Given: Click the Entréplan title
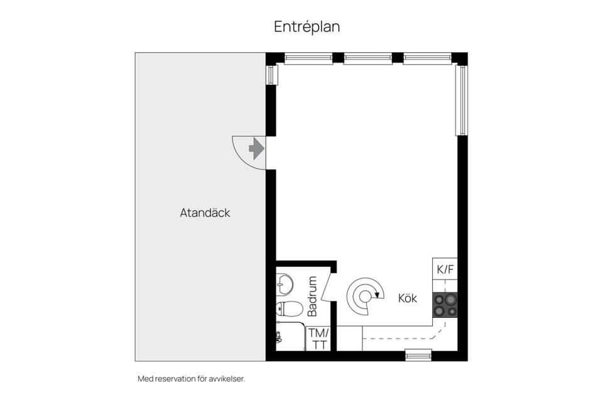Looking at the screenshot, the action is [x=307, y=27].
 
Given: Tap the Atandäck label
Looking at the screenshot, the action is [x=205, y=213].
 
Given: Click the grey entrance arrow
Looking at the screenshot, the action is [x=256, y=148].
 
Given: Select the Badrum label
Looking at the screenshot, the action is [x=313, y=296].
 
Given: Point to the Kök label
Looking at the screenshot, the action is [x=408, y=298].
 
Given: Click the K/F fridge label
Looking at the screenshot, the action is [x=445, y=269].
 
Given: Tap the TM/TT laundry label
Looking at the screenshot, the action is [x=319, y=339].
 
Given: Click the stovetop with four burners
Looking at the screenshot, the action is [x=445, y=305].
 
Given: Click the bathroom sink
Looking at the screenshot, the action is [x=284, y=283].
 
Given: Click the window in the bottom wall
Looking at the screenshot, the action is [x=419, y=355].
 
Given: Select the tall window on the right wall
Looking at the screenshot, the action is [x=462, y=100].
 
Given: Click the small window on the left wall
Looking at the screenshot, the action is [x=272, y=75].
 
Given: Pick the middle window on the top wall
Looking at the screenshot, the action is [x=367, y=58].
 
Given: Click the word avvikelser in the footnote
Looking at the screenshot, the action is [x=227, y=379].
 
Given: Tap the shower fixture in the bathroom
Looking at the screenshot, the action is [x=278, y=337].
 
